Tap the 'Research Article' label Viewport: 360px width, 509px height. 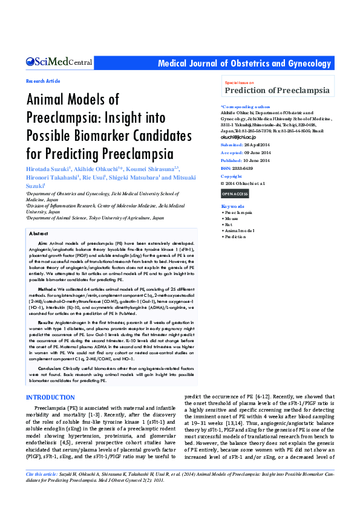(x=43, y=81)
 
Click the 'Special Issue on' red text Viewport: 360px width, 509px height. (x=239, y=82)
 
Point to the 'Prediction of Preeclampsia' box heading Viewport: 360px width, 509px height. (x=278, y=91)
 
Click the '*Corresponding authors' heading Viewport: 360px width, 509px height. (x=245, y=106)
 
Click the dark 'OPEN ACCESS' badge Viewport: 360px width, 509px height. (x=235, y=193)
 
